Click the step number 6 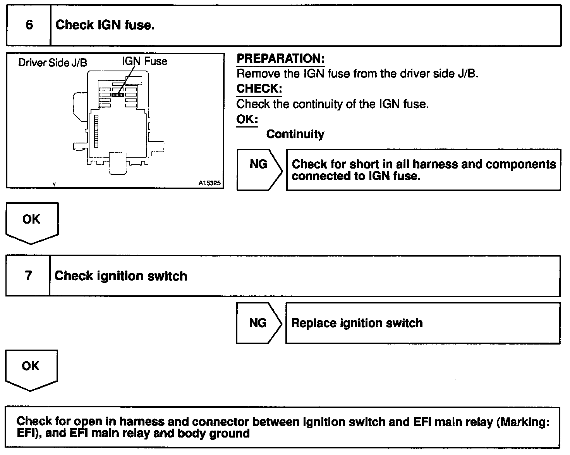29,25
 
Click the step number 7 28,276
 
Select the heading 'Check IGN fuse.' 105,25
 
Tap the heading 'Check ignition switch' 121,276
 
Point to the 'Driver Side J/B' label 53,63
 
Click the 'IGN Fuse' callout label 144,61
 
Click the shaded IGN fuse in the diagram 118,95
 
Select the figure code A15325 210,183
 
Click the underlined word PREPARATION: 280,59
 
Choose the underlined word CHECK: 259,88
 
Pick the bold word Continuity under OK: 295,134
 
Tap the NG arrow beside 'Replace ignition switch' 258,323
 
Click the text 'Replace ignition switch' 357,323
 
